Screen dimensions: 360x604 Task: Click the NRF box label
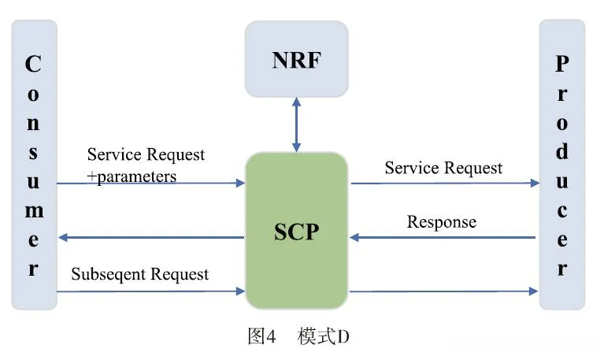point(296,60)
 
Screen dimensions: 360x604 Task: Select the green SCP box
point(296,230)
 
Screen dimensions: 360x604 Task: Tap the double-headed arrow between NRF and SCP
point(296,124)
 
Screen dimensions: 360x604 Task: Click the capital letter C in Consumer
point(33,65)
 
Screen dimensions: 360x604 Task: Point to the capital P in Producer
point(561,65)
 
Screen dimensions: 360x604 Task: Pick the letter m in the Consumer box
point(33,211)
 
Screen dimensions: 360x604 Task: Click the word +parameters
point(132,176)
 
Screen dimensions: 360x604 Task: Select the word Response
point(441,221)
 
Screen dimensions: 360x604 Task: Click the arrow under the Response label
point(443,237)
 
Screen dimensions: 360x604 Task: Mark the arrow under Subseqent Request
point(150,291)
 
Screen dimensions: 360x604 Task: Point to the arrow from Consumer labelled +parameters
point(150,184)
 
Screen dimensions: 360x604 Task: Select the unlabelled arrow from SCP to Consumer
point(150,237)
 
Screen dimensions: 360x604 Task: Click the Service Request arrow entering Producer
point(443,184)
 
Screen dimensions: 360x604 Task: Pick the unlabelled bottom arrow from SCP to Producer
point(443,291)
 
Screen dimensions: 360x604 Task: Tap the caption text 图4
point(261,337)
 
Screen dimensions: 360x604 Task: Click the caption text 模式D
point(324,337)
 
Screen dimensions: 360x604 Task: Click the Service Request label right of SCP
point(443,167)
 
